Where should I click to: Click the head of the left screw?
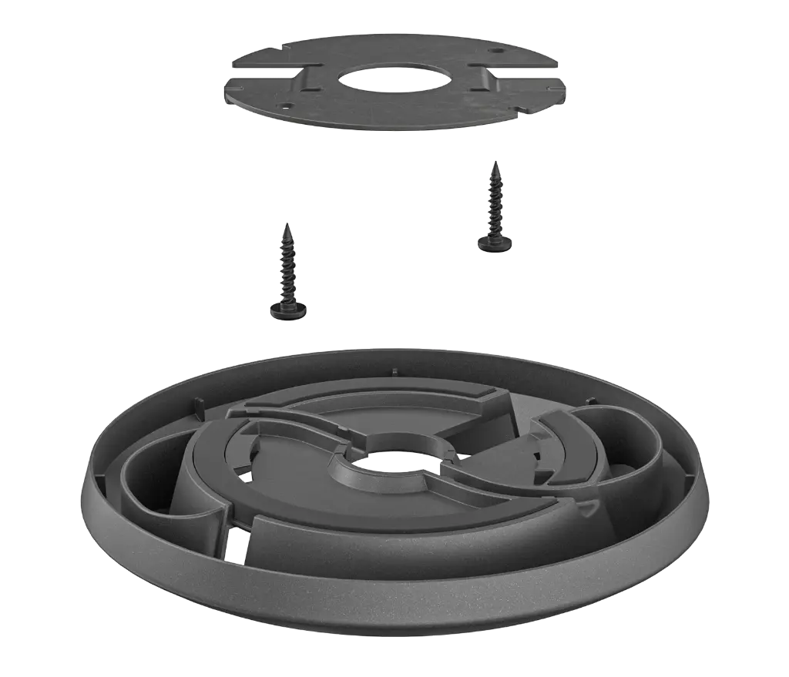289,310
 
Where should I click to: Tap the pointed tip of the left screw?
287,226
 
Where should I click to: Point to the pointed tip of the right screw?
495,163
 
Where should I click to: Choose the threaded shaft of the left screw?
288,270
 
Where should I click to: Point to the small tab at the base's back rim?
394,372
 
